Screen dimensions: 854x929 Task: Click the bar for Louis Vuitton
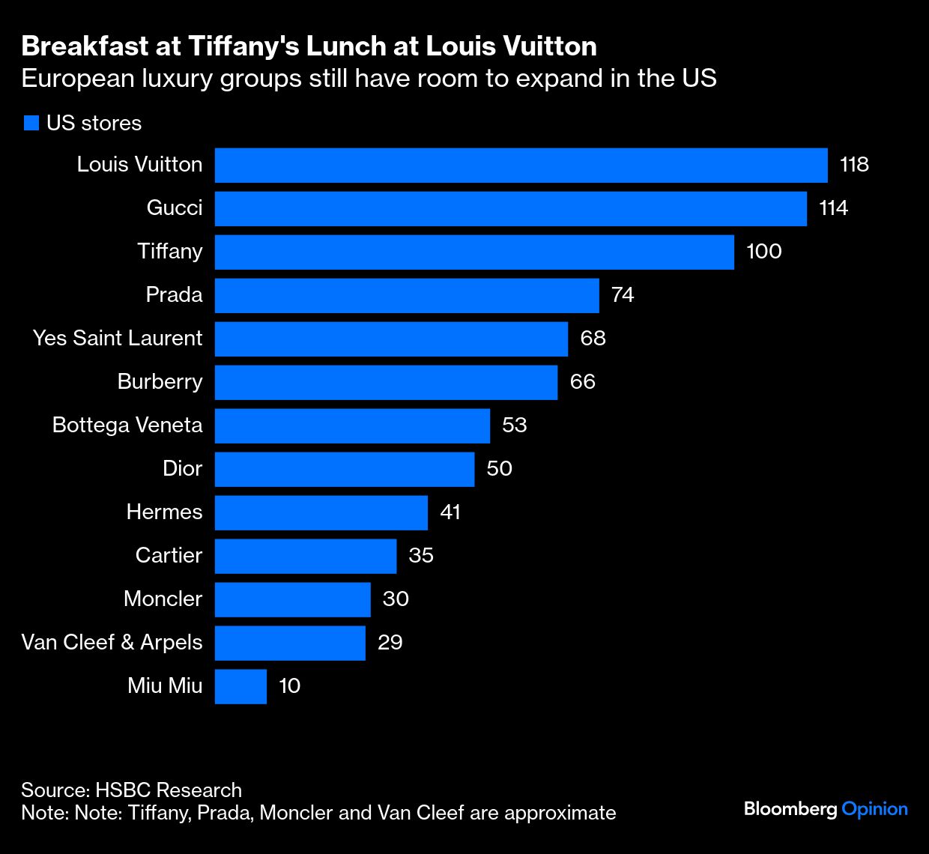coord(521,165)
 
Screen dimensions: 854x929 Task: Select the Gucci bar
coord(510,208)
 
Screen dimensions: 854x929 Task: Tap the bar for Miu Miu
coord(240,686)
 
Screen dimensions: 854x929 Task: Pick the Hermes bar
coord(321,512)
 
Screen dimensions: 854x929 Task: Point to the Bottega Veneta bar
coord(352,426)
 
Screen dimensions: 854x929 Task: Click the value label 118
coord(854,165)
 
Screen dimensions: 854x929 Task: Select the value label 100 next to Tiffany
coord(763,252)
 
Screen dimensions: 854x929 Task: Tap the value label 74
coord(623,295)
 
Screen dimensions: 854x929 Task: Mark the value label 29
coord(390,643)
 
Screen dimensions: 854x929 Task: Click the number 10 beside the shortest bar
coord(289,686)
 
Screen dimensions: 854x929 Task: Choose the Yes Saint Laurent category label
coord(118,339)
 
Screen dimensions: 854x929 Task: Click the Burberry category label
coord(160,382)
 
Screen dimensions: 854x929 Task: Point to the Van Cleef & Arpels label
coord(112,643)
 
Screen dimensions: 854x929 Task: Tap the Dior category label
coord(182,469)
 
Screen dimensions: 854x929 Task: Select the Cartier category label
coord(169,556)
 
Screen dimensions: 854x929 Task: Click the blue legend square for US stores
coord(31,124)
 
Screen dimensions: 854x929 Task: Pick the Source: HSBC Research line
coord(131,790)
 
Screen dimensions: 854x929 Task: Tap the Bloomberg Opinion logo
coord(826,809)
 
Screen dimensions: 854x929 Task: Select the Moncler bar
coord(292,599)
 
